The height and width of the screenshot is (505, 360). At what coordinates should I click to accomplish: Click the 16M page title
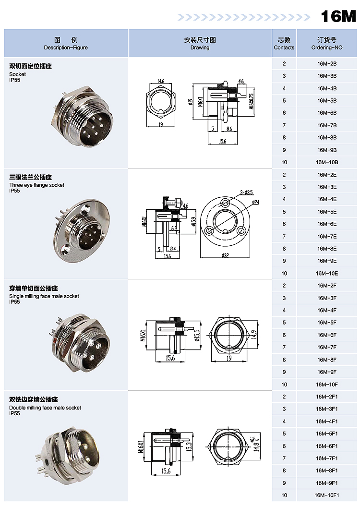tap(338, 16)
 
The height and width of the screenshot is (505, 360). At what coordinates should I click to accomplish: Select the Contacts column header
tap(284, 44)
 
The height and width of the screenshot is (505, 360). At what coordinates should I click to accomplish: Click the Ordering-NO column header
tap(327, 44)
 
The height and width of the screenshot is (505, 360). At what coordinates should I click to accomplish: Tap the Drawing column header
tap(200, 44)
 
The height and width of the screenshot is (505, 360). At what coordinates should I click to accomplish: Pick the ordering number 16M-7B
tap(327, 125)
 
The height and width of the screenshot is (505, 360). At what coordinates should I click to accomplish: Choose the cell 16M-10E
tap(327, 274)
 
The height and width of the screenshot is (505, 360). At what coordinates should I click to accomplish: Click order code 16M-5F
tap(327, 323)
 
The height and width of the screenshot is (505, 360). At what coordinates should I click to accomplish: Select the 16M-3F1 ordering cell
tap(327, 409)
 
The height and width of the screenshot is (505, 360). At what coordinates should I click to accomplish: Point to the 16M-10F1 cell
tap(327, 495)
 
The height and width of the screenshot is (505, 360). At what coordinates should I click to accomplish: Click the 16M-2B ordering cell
tap(327, 64)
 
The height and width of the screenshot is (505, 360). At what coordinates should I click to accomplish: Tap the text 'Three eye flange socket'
tap(36, 185)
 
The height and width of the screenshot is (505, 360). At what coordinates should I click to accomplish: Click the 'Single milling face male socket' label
tap(44, 296)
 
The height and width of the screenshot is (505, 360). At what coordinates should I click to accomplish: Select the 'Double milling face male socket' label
tap(45, 408)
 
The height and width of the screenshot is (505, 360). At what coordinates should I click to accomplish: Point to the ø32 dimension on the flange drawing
tap(225, 256)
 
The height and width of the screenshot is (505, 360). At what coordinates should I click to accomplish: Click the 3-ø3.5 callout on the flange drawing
tap(246, 192)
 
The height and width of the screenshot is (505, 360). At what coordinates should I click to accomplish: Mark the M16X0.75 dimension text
tap(252, 100)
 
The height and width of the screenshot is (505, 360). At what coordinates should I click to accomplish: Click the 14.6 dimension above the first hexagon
tap(161, 81)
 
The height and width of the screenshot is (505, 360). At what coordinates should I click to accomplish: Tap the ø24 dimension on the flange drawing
tap(256, 202)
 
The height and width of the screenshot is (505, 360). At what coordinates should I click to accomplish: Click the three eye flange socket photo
tap(82, 230)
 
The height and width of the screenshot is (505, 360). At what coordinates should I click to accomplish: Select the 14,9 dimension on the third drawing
tap(254, 335)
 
